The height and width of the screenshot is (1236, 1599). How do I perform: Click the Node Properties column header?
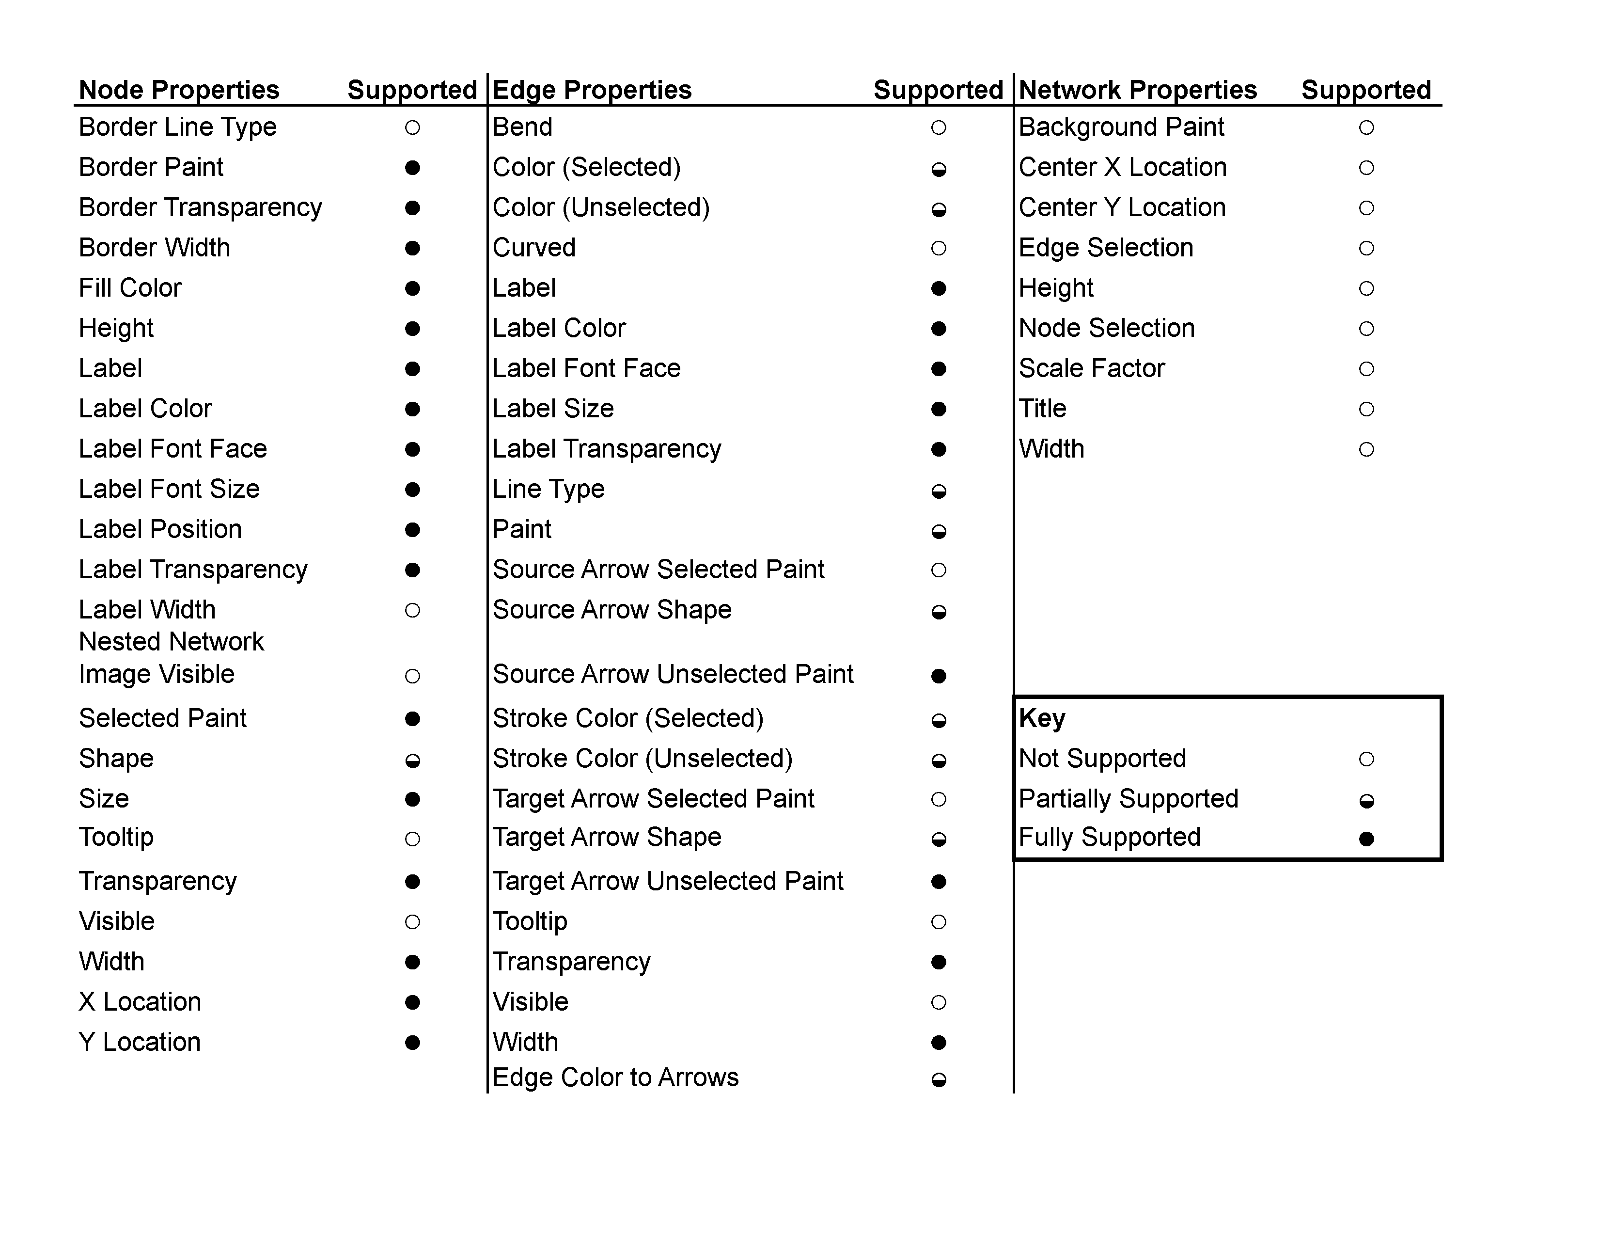[x=179, y=90]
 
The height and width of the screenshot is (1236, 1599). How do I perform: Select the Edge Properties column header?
[x=592, y=90]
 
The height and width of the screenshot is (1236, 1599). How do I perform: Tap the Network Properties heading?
[x=1137, y=90]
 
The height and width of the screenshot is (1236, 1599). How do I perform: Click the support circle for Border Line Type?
[x=412, y=128]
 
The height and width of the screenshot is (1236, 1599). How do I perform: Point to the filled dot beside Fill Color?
[x=412, y=288]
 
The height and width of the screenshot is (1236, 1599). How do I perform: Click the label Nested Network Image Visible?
[x=172, y=658]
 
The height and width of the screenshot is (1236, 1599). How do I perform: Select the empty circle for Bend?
[x=939, y=128]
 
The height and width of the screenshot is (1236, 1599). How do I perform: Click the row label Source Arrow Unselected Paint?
[x=673, y=674]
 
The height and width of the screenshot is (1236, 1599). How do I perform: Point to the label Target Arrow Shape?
[x=607, y=837]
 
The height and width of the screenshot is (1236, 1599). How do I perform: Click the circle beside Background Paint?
[x=1366, y=128]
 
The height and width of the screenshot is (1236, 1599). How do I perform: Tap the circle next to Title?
[x=1366, y=409]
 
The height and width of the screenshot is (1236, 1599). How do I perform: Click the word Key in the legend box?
[x=1042, y=718]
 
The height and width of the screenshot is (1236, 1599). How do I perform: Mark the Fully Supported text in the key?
[x=1109, y=837]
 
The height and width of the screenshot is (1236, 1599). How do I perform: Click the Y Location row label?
[x=140, y=1042]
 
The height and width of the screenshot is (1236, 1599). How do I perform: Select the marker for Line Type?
[x=939, y=491]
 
